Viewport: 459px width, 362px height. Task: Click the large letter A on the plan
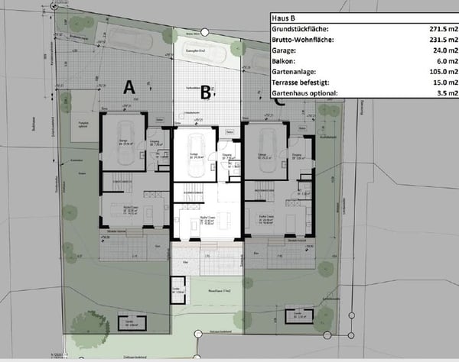point(129,87)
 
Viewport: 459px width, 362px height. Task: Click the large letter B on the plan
point(205,93)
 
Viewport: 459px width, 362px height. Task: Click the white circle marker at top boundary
point(206,32)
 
